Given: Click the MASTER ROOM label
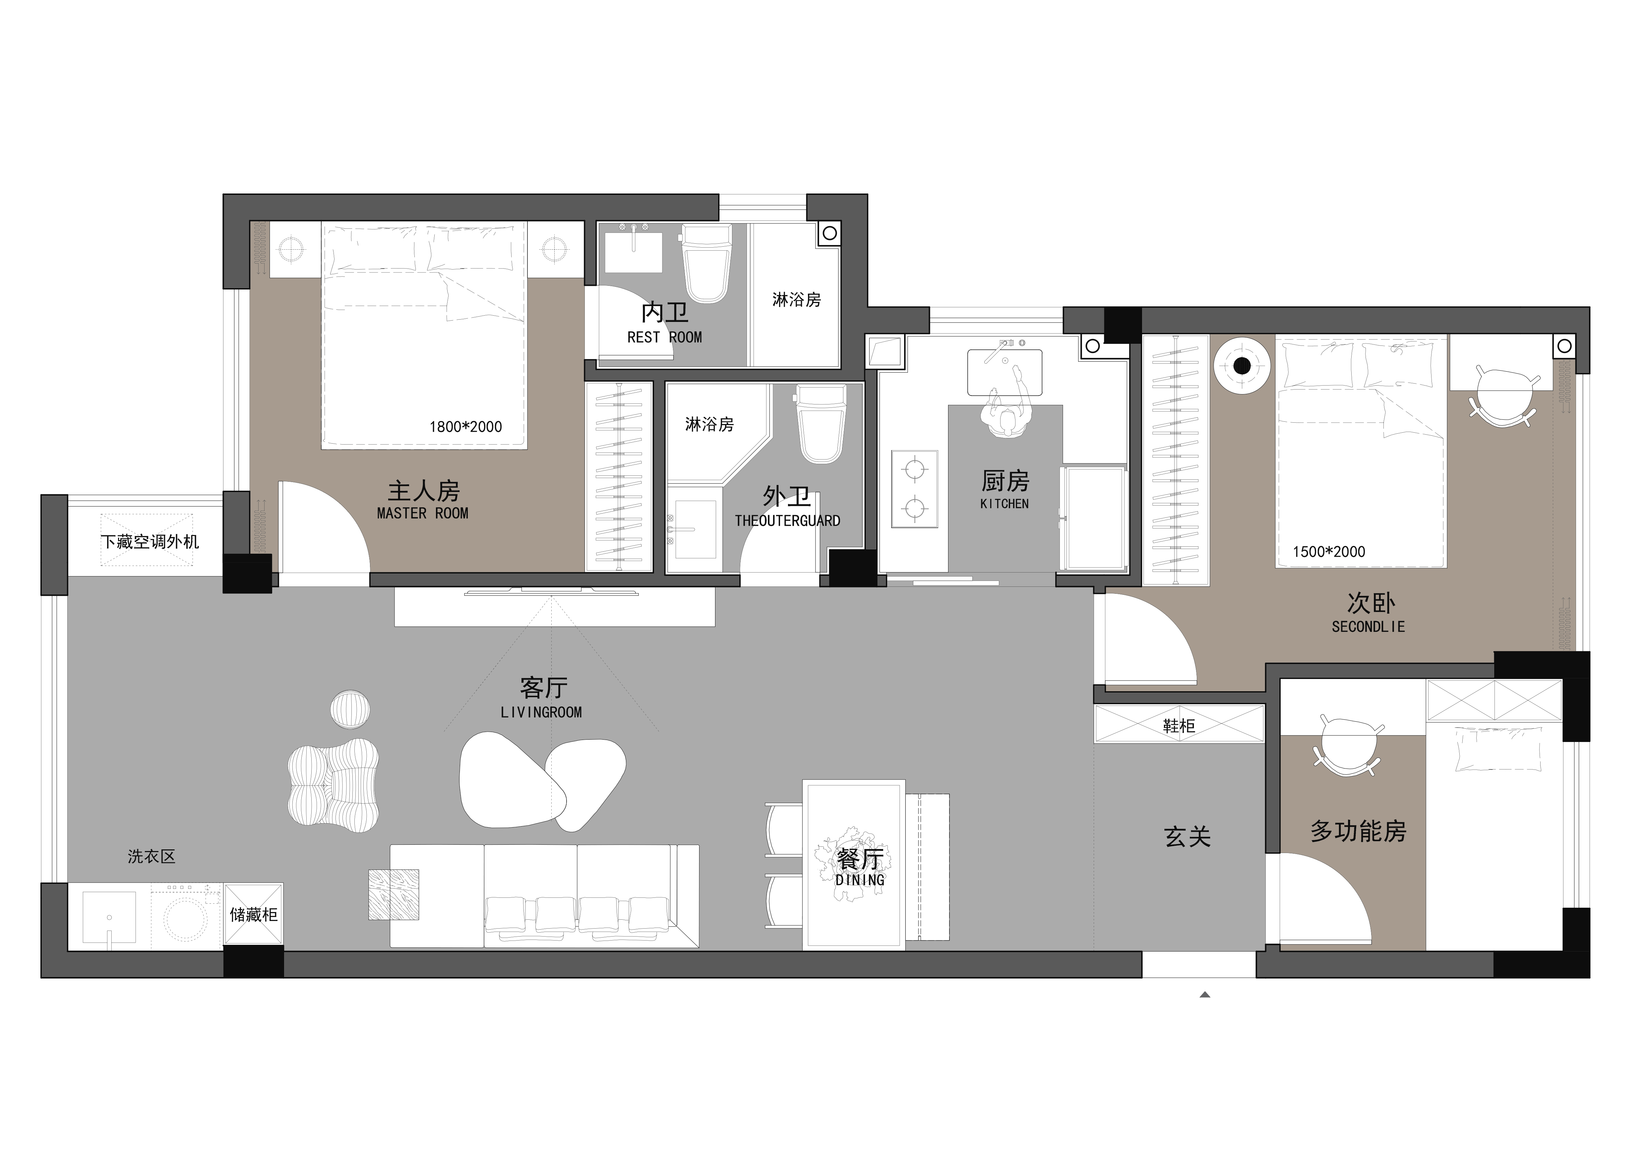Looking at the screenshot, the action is tap(423, 513).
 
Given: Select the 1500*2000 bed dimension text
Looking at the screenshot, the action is tap(1329, 552).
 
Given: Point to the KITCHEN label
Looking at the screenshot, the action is tap(1005, 504).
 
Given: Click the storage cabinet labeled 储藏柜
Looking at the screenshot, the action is tap(254, 914).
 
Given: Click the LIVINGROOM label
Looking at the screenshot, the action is tap(541, 712).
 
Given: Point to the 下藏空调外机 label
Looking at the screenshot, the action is tap(150, 542).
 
